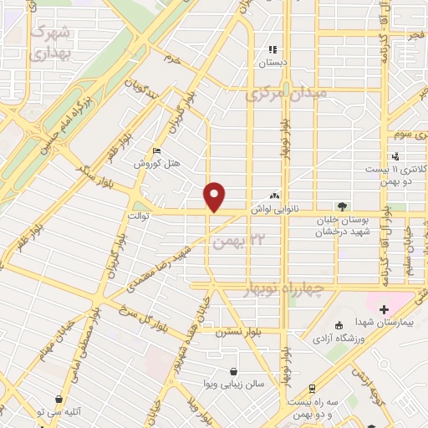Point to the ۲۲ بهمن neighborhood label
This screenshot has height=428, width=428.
232,242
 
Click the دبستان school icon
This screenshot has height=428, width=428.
272,48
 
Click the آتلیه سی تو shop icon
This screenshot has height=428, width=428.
58,400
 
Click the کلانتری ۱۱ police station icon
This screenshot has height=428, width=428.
395,157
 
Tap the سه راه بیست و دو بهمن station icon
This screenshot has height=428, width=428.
311,389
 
